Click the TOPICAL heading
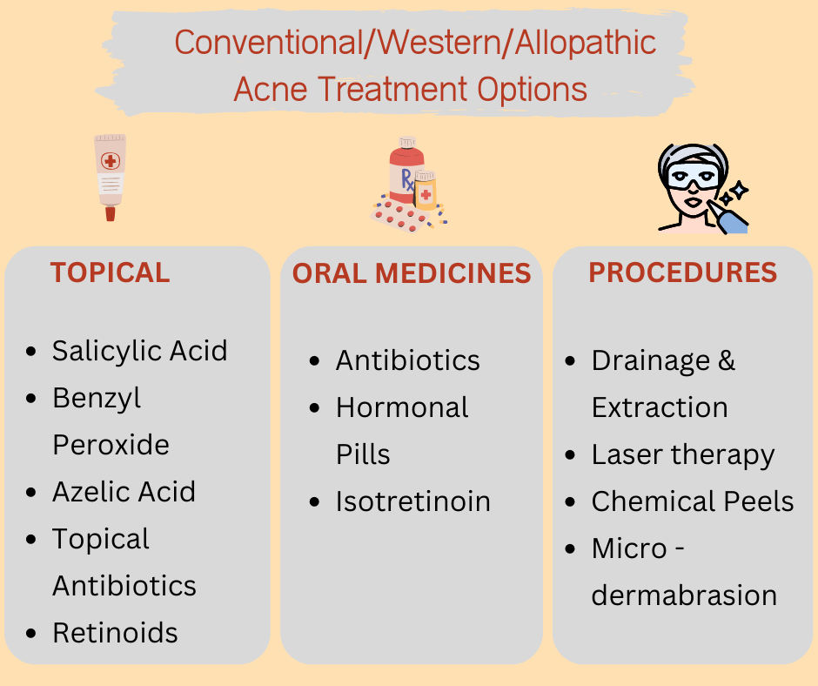coord(110,272)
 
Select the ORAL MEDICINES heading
coord(412,273)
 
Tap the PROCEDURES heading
coord(683,272)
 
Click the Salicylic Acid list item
coord(140,351)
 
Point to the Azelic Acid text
coord(124,492)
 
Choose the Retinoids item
coord(115,633)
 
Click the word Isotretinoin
coord(413,501)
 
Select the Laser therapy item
coord(683,455)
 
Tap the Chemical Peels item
coord(693,501)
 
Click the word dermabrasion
coord(684,595)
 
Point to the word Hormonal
coord(402,407)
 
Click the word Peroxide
coord(111,445)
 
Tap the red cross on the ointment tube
coord(110,161)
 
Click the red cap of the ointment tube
coord(110,213)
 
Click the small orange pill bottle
coord(426,190)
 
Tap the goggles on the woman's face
coord(693,175)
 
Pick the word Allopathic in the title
coord(586,43)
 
